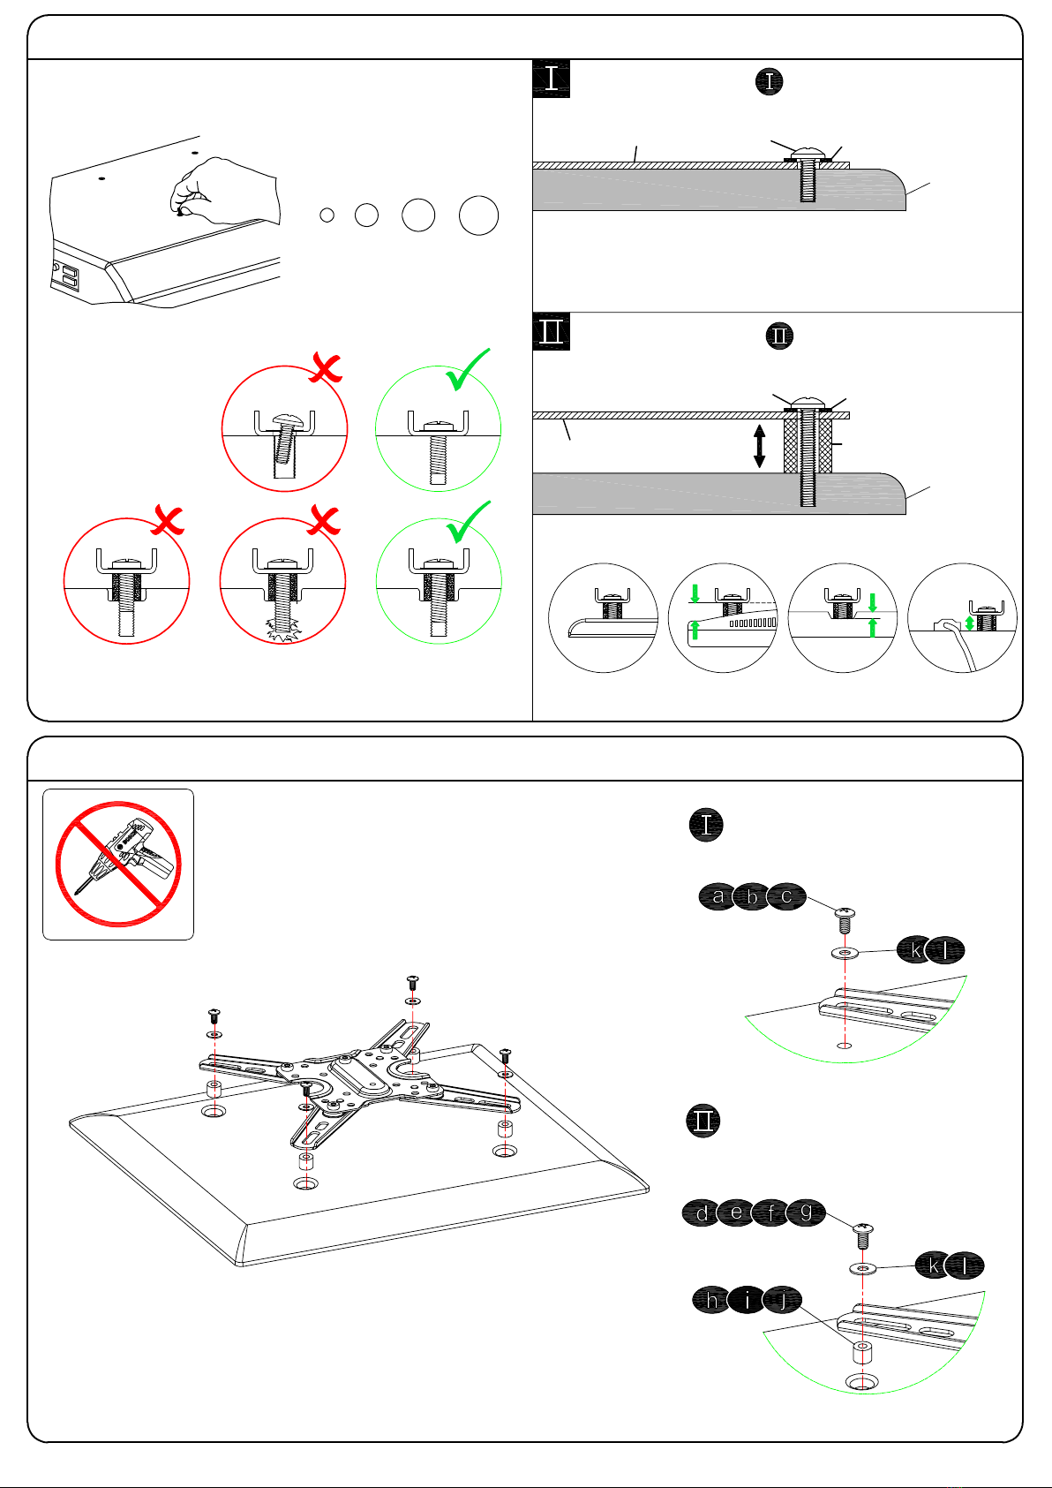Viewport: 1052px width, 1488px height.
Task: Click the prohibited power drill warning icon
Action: (x=118, y=864)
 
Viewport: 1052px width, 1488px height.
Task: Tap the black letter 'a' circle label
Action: (x=717, y=896)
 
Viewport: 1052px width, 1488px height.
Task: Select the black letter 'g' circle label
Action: (x=806, y=1212)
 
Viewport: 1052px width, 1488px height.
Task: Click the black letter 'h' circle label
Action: (x=710, y=1299)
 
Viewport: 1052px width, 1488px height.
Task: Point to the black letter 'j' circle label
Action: (x=783, y=1299)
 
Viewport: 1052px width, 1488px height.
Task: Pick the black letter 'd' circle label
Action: (x=701, y=1212)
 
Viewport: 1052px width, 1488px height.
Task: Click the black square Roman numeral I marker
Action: (x=551, y=79)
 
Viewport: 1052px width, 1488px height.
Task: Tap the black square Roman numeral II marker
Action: (x=551, y=331)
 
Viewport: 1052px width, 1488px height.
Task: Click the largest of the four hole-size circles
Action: (x=478, y=215)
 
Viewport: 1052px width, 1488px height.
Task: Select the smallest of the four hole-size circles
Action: (x=327, y=215)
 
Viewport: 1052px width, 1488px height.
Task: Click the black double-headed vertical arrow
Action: (x=759, y=446)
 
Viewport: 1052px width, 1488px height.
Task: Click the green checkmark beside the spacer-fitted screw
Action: (x=468, y=522)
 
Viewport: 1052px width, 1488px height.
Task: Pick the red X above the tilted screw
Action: (x=326, y=368)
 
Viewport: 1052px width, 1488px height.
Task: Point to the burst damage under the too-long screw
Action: (x=283, y=629)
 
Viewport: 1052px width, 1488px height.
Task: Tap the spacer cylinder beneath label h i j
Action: (x=861, y=1351)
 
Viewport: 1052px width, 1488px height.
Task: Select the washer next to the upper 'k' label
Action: (x=845, y=953)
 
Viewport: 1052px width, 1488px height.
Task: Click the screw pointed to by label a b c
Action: (x=845, y=921)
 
